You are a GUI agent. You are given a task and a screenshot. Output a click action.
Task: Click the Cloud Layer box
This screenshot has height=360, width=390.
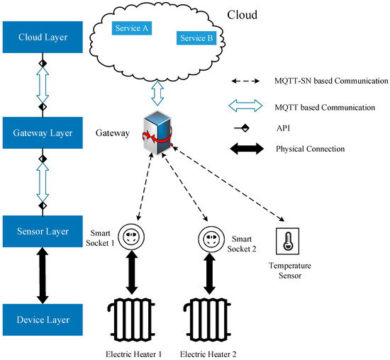pyautogui.click(x=42, y=37)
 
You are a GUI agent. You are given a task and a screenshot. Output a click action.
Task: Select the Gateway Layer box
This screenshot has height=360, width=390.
pyautogui.click(x=42, y=132)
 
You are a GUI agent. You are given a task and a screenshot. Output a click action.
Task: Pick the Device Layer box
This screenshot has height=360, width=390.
pyautogui.click(x=42, y=320)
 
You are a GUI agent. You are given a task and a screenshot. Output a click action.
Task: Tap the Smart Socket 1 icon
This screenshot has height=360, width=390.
pyautogui.click(x=130, y=236)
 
